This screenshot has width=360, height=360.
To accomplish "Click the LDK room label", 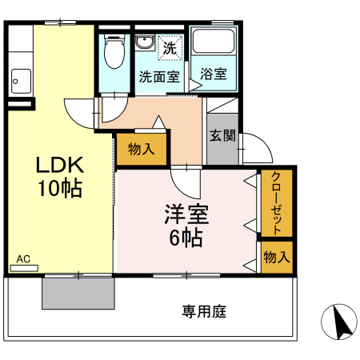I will (58, 166).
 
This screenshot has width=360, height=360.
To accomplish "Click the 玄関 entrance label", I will (222, 135).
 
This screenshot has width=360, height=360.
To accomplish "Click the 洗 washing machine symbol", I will (170, 48).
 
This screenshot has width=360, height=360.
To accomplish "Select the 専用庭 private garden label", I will (204, 310).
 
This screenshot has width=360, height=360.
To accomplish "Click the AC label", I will (23, 259).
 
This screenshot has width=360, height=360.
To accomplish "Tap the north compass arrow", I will (341, 323).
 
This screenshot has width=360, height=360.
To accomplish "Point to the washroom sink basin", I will (145, 43).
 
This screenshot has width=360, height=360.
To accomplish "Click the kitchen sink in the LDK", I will (20, 80).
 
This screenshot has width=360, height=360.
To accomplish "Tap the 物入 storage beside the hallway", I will (141, 149).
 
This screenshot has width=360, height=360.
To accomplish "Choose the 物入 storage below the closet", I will (276, 258).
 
